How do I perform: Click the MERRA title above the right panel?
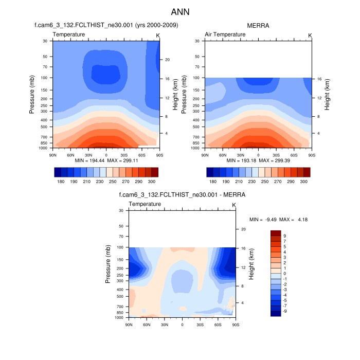(258, 25)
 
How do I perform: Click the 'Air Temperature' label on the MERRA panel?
(225, 34)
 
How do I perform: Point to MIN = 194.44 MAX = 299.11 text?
(106, 160)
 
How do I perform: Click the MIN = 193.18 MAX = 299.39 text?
(258, 160)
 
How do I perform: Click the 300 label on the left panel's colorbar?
(152, 182)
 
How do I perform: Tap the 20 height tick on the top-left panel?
(167, 60)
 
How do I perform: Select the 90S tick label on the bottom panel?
(235, 325)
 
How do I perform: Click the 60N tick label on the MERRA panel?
(223, 154)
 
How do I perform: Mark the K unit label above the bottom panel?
(234, 205)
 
